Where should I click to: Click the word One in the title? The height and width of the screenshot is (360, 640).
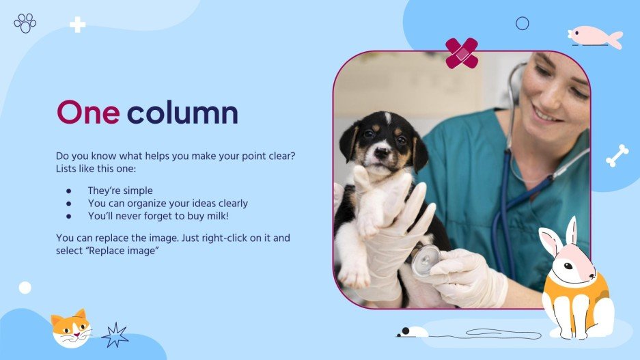pos(87,113)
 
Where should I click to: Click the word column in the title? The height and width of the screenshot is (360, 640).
pos(182,113)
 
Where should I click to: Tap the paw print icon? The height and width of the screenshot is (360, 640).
pos(25,23)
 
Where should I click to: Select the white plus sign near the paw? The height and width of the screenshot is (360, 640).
pos(78,25)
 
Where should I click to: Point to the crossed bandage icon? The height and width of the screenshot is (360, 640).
pos(462,53)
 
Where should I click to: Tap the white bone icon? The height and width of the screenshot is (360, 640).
pos(617,156)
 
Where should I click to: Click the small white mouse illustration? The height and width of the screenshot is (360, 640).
pos(413,332)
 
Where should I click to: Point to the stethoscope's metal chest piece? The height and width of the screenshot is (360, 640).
pos(426,259)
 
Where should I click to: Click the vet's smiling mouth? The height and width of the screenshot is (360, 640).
pos(548,113)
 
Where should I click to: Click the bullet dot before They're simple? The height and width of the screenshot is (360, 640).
pos(68,191)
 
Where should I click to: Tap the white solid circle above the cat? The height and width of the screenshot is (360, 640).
pos(25,288)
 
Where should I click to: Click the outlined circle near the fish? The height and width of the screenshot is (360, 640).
pos(523,24)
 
